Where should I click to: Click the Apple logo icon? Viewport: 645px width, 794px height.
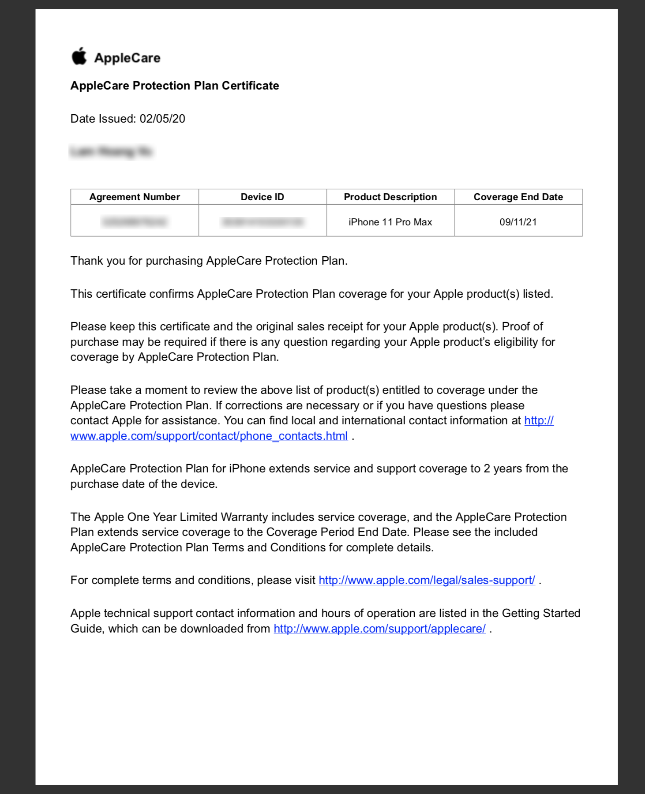pos(79,56)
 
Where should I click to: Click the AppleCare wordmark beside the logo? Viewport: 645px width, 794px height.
pos(127,58)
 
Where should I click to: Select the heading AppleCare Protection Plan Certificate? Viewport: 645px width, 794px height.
pos(175,86)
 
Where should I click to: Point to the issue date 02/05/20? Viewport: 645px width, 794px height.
pos(162,119)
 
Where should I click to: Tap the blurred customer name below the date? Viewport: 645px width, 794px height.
pos(111,152)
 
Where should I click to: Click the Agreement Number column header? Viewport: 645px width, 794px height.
pos(135,197)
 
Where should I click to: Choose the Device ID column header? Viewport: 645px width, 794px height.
pos(262,197)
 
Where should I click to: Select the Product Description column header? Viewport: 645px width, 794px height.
pos(390,197)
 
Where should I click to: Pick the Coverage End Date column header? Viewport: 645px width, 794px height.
pos(518,197)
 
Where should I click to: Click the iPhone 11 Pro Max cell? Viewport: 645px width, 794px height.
pos(390,222)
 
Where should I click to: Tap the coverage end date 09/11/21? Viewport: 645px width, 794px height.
pos(518,222)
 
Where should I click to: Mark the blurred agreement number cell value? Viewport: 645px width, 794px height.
pos(135,222)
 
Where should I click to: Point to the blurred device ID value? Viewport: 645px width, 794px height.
pos(263,222)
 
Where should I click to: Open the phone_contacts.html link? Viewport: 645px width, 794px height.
pos(209,436)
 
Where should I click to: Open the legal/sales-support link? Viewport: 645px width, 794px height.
pos(427,581)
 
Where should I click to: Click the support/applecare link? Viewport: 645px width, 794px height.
pos(379,629)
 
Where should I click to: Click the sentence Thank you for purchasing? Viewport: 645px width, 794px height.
pos(209,261)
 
